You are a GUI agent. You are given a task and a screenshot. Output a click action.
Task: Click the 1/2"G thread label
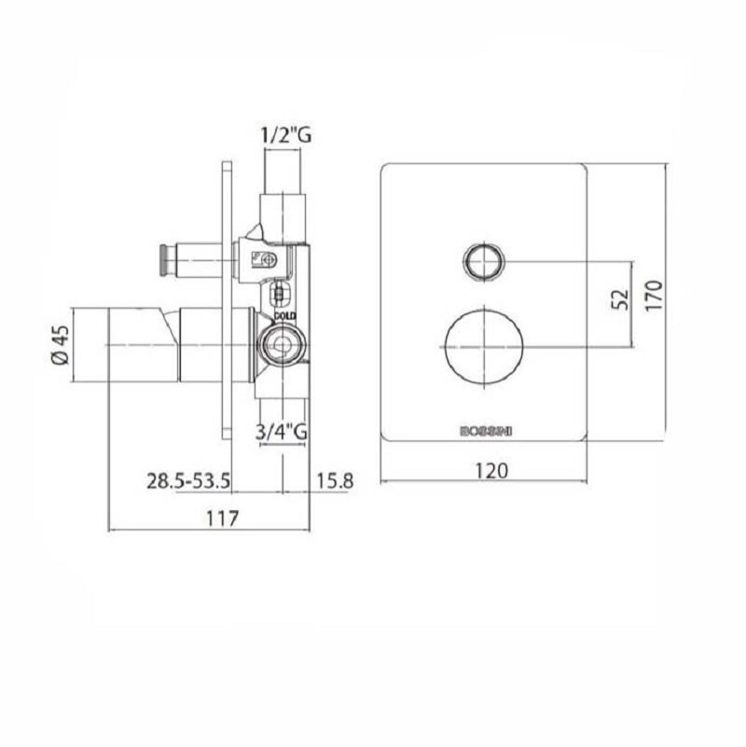pyautogui.click(x=286, y=135)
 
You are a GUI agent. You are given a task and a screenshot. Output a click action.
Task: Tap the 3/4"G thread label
pyautogui.click(x=281, y=432)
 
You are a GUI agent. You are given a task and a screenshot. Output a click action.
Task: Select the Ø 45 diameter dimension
pyautogui.click(x=61, y=344)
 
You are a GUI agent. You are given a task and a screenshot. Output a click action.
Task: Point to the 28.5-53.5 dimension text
pyautogui.click(x=188, y=480)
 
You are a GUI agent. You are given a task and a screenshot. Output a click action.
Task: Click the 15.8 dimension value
pyautogui.click(x=335, y=481)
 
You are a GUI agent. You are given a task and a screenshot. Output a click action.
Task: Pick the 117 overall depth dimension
pyautogui.click(x=222, y=518)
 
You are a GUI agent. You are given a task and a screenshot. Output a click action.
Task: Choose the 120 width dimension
pyautogui.click(x=491, y=471)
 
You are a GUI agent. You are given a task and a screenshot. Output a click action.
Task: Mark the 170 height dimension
pyautogui.click(x=654, y=296)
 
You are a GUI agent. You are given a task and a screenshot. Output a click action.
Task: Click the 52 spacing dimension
pyautogui.click(x=620, y=299)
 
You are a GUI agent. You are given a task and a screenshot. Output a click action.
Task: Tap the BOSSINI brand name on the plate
pyautogui.click(x=486, y=431)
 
